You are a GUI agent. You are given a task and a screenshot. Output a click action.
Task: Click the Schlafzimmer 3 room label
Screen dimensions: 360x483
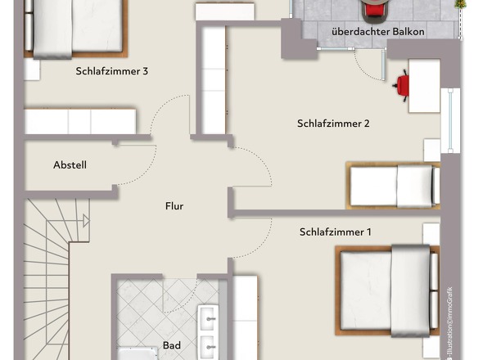[111, 71]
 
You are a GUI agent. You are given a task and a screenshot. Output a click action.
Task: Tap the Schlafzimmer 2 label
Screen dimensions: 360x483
[333, 124]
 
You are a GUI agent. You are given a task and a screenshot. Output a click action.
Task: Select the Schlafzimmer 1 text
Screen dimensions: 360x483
[336, 232]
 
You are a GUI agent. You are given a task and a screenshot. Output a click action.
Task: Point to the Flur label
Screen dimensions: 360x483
[174, 206]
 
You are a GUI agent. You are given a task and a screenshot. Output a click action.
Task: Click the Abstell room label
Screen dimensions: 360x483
[70, 165]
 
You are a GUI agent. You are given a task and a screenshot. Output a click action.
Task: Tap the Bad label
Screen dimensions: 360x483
[172, 346]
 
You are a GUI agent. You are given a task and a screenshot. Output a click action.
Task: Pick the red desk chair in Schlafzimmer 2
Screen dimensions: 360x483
[403, 84]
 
